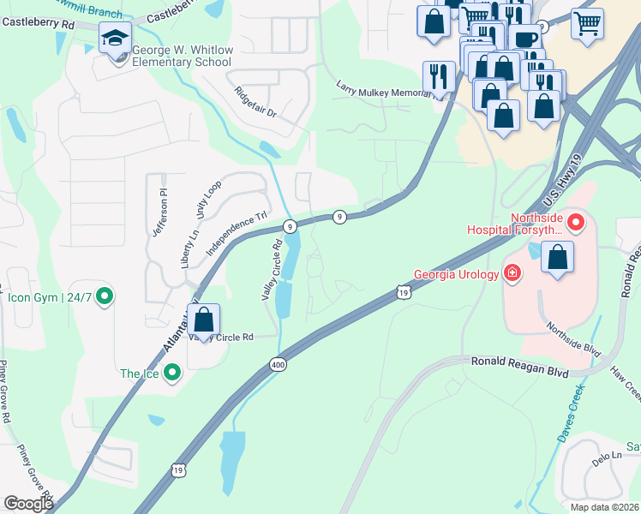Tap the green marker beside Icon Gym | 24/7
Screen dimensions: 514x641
click(105, 297)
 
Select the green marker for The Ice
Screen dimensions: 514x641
click(171, 373)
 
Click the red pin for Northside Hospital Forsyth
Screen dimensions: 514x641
click(575, 224)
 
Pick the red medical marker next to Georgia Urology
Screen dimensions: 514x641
click(512, 274)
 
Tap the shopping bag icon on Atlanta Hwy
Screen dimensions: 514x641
click(204, 322)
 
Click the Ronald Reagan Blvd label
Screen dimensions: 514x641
click(520, 362)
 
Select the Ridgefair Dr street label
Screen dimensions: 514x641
click(255, 100)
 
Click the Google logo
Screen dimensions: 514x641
click(28, 504)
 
